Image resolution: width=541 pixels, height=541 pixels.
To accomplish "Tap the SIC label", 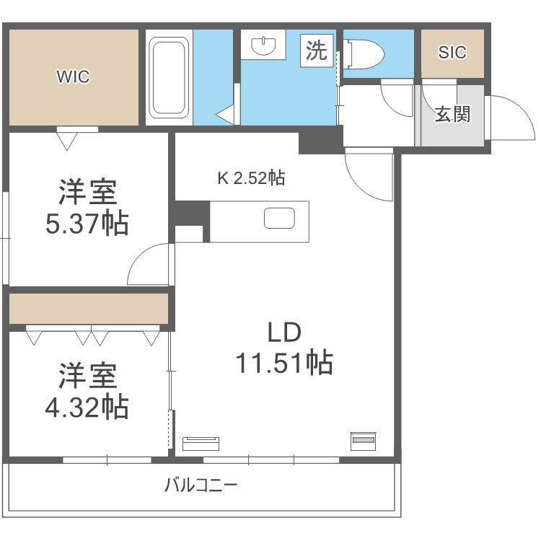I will click(x=452, y=53).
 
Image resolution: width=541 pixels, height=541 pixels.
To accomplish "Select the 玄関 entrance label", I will click(x=452, y=114).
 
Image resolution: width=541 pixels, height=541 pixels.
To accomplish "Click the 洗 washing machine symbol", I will click(x=316, y=50).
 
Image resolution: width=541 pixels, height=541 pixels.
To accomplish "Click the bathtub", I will click(x=170, y=77).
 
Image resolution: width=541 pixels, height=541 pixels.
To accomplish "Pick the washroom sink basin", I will click(x=265, y=47).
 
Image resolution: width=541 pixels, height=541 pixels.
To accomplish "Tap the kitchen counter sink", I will click(x=280, y=219).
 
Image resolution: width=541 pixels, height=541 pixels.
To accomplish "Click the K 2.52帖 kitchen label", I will click(x=251, y=177).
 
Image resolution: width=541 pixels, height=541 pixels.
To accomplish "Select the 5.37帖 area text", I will click(x=87, y=224).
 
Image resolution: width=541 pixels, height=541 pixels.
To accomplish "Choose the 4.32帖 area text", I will click(x=87, y=408).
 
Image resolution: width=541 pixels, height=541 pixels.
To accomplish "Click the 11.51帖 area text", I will click(x=284, y=362).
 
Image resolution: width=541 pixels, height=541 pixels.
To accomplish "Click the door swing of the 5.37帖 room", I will click(x=150, y=265).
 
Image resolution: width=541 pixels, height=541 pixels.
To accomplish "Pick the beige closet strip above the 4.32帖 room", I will click(x=89, y=309).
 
